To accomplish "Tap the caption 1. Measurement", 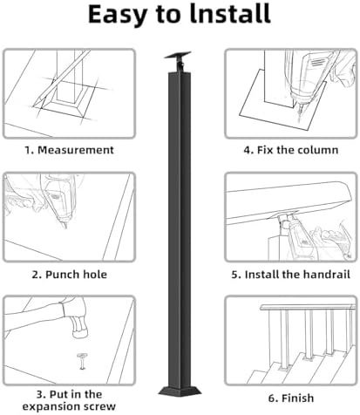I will (69, 149).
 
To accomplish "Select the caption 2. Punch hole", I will (69, 273).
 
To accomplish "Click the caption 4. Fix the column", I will (291, 149).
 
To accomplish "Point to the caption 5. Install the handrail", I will (291, 273).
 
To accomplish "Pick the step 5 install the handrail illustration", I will (291, 215).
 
